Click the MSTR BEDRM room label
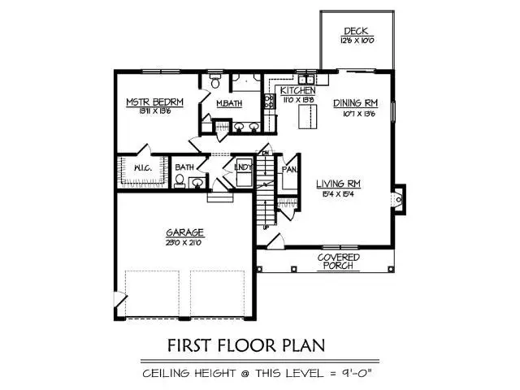pyautogui.click(x=154, y=102)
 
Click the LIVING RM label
pyautogui.click(x=337, y=184)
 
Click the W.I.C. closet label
pyautogui.click(x=140, y=169)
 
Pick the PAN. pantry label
pyautogui.click(x=288, y=170)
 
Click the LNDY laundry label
pyautogui.click(x=242, y=167)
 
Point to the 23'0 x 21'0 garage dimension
pyautogui.click(x=186, y=241)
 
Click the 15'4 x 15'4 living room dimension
pyautogui.click(x=337, y=194)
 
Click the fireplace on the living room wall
pyautogui.click(x=397, y=198)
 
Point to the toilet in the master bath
pyautogui.click(x=215, y=83)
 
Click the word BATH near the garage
pyautogui.click(x=184, y=168)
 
